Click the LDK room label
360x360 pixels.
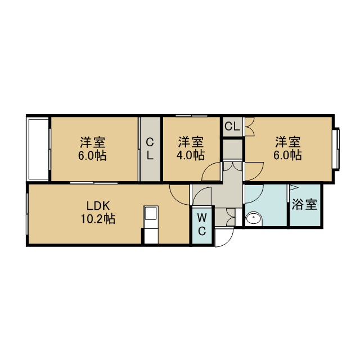(98, 206)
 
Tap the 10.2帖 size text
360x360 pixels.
(98, 219)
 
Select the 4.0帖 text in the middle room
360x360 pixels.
(190, 155)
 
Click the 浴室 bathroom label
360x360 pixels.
(304, 204)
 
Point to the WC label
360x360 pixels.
(202, 224)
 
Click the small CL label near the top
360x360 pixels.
(232, 126)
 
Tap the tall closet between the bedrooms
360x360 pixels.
(150, 148)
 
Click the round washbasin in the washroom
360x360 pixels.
(254, 219)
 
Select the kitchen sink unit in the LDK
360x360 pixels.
(151, 224)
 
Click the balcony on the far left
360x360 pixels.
(38, 148)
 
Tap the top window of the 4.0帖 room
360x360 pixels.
(191, 115)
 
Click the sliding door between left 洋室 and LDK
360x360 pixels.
(94, 183)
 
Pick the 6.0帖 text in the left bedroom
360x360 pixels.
(92, 156)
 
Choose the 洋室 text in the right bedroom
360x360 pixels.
(288, 142)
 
